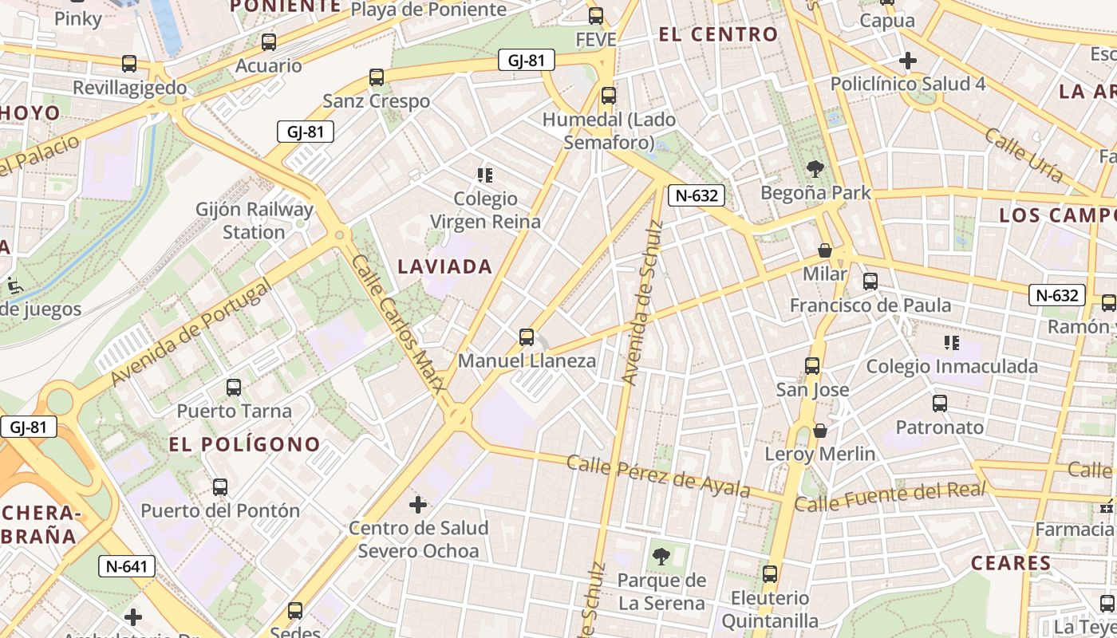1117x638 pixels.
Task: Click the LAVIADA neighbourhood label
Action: pos(445,266)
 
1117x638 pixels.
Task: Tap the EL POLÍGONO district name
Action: pos(245,444)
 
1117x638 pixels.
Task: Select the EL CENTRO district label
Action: pos(718,34)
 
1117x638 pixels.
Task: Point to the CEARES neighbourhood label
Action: pos(1011,563)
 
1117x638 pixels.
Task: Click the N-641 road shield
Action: pos(127,566)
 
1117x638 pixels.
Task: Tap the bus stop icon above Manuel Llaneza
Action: pos(527,337)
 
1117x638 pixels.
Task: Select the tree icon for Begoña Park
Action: pos(815,169)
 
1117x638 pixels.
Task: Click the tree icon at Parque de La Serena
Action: pos(661,556)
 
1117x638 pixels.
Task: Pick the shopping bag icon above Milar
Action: pos(825,250)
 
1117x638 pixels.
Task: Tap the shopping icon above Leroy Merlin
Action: pos(820,431)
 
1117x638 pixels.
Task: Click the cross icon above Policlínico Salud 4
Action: pos(907,61)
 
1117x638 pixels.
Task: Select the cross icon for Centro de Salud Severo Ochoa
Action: pos(418,504)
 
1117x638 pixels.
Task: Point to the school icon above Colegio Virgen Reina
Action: pos(484,175)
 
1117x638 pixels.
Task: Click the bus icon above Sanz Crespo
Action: pos(377,77)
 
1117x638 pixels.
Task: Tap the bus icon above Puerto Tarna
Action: pos(234,388)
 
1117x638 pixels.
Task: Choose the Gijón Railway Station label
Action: pos(255,221)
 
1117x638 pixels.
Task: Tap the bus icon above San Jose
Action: pos(812,366)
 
